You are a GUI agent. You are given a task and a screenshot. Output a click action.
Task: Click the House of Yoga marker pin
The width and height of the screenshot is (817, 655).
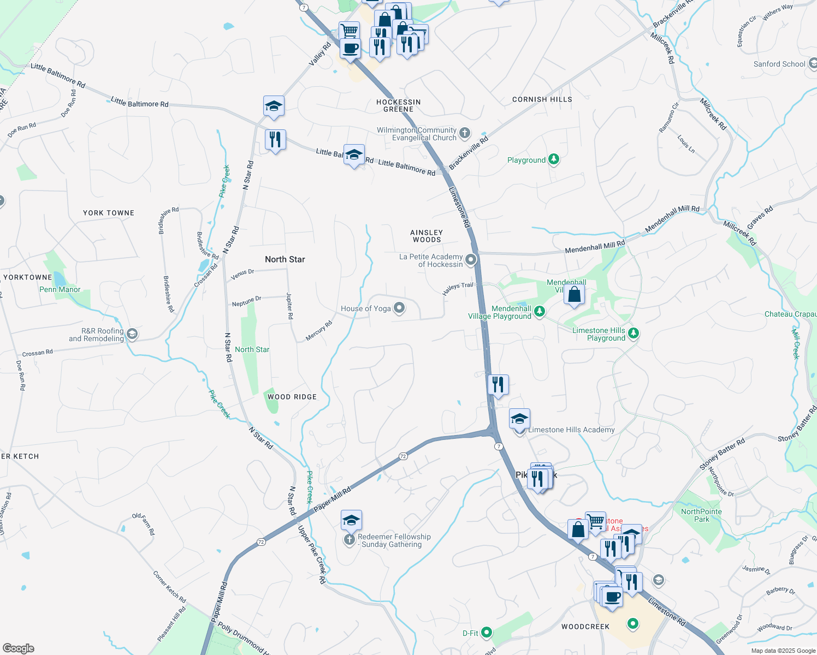pos(399,308)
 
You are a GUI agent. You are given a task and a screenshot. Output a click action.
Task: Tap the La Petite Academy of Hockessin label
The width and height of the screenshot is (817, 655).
pos(431,260)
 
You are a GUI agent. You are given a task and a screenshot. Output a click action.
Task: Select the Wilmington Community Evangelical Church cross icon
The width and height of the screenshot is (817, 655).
pos(464,133)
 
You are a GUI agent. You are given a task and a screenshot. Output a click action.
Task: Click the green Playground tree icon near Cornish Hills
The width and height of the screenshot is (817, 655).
pos(554,159)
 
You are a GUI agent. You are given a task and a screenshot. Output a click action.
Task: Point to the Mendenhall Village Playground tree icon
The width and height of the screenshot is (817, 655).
pos(539,311)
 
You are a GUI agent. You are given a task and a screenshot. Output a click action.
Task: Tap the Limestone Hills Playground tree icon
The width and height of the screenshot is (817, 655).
pos(633,333)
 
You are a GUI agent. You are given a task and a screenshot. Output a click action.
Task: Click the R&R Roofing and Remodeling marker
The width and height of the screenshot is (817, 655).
pos(131,334)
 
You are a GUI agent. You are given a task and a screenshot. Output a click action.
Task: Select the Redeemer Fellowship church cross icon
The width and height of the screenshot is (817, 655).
pos(349,540)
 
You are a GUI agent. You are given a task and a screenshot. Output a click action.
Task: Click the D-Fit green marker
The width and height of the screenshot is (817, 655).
pos(486,633)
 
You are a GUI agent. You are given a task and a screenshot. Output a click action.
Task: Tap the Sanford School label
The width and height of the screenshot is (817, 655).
pos(779,64)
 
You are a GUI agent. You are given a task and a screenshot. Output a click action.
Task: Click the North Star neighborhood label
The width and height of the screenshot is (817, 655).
pos(285,259)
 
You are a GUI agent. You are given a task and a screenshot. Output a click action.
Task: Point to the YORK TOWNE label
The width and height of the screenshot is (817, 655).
pos(109,213)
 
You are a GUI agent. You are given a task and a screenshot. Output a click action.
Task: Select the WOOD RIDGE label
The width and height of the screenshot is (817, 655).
pos(292,397)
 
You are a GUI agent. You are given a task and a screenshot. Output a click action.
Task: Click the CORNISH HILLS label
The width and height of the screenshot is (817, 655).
pos(542,99)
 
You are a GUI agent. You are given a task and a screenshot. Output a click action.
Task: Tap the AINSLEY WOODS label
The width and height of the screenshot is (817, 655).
pos(427,236)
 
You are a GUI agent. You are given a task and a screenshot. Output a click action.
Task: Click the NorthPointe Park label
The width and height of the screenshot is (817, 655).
pos(701,515)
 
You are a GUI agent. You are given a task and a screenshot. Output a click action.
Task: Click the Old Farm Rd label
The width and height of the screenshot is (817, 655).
pos(144,523)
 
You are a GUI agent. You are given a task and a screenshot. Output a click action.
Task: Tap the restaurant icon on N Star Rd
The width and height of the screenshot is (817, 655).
pos(275,140)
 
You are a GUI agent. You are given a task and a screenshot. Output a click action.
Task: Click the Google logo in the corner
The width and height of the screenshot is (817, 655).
pos(18,648)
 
